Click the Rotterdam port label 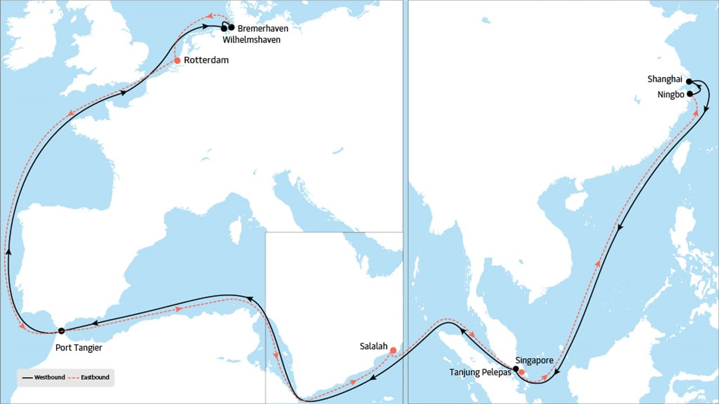coord(207,60)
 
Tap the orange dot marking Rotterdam coord(177,60)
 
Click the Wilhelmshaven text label coord(251,40)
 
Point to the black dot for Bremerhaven coord(231,27)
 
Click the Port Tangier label coord(79,348)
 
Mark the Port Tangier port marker coord(61,330)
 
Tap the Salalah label coord(374,347)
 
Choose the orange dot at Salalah coord(393,350)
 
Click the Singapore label coord(534,360)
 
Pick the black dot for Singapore coord(516,369)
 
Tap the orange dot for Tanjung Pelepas coord(522,372)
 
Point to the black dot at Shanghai coord(689,81)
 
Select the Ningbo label coord(671,94)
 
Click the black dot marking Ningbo coord(689,94)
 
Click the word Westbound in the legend coord(49,378)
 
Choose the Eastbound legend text coord(95,378)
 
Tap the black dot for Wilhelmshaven coord(224,29)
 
